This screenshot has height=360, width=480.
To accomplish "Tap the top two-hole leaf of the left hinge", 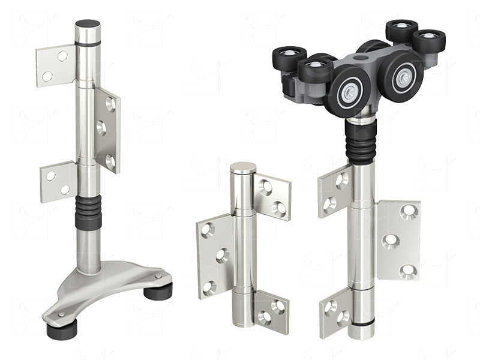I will pos(55,65).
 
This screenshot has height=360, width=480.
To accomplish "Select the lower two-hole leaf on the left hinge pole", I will pos(58,182).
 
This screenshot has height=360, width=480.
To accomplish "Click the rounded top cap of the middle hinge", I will pos(242,168).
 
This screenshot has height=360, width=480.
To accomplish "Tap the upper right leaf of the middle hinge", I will pos(272,197).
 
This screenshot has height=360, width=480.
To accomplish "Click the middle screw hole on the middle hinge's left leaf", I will pos(221,256).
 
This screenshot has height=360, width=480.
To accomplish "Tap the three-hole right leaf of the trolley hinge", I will pos(398,240).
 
